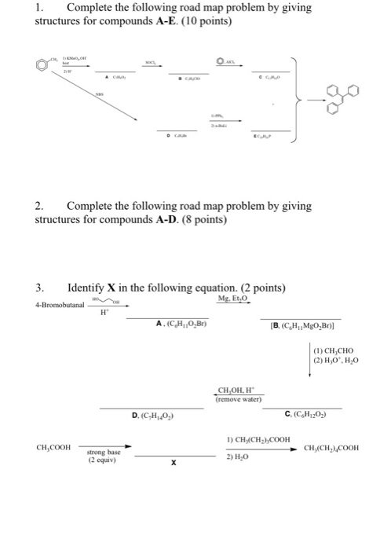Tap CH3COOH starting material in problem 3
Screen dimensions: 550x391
(x=54, y=448)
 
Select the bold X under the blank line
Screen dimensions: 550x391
(x=173, y=464)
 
